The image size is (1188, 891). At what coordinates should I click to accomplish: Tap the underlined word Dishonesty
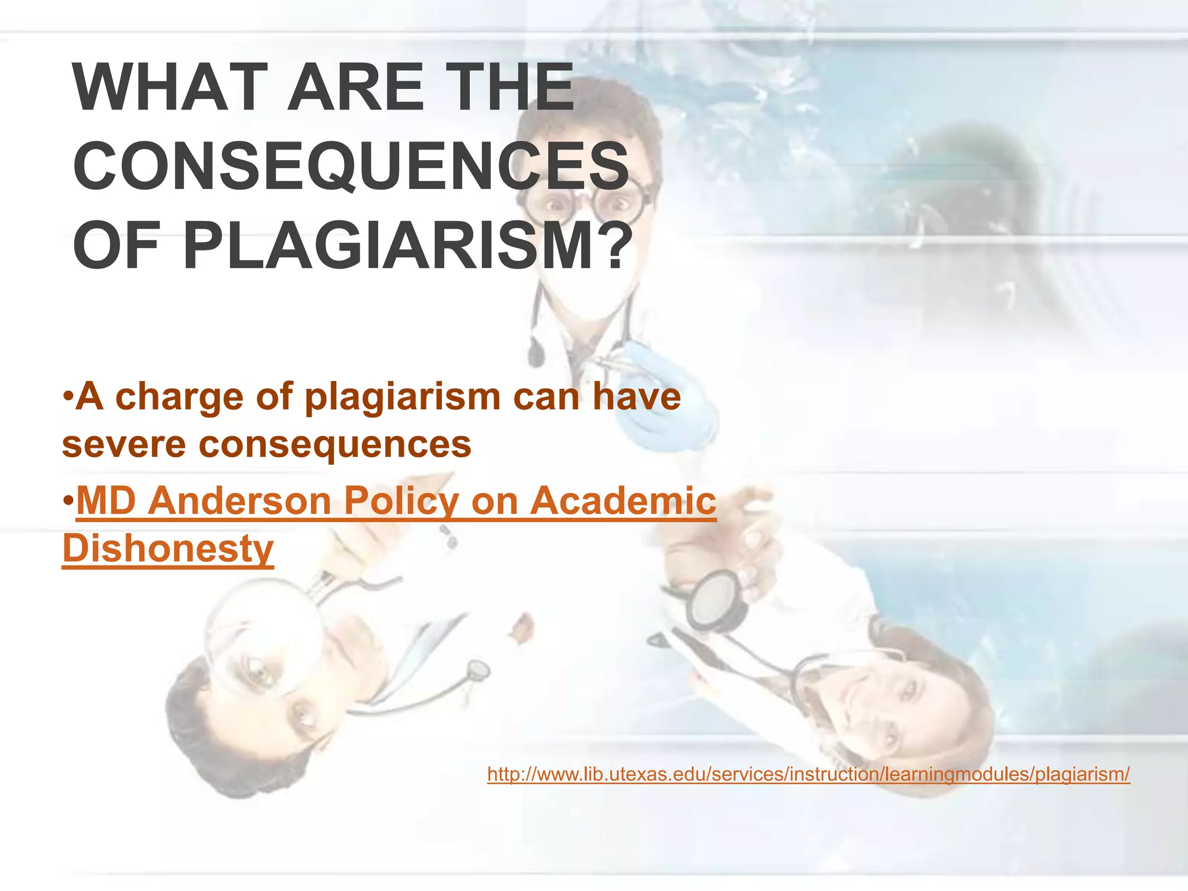[168, 549]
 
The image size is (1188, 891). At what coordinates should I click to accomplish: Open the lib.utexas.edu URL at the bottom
[808, 774]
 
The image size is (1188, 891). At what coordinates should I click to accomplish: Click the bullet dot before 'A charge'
[68, 399]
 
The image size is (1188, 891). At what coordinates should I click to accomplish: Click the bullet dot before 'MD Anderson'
[68, 501]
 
